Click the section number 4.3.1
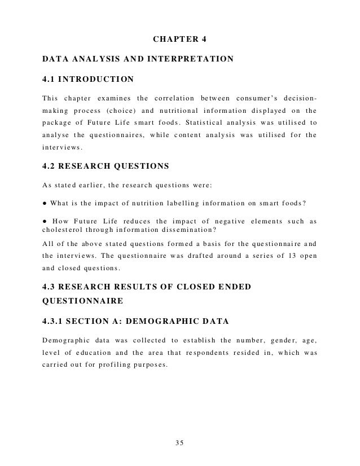[55, 291]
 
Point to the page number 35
[180, 442]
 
